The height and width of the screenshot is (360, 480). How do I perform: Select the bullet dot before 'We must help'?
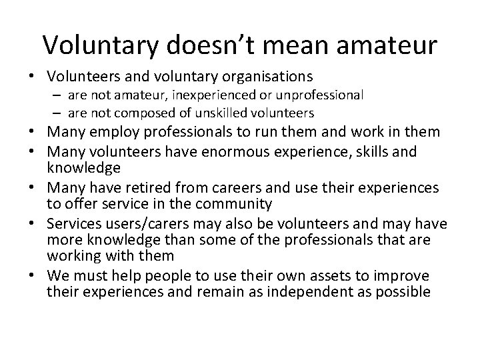pyautogui.click(x=33, y=276)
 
